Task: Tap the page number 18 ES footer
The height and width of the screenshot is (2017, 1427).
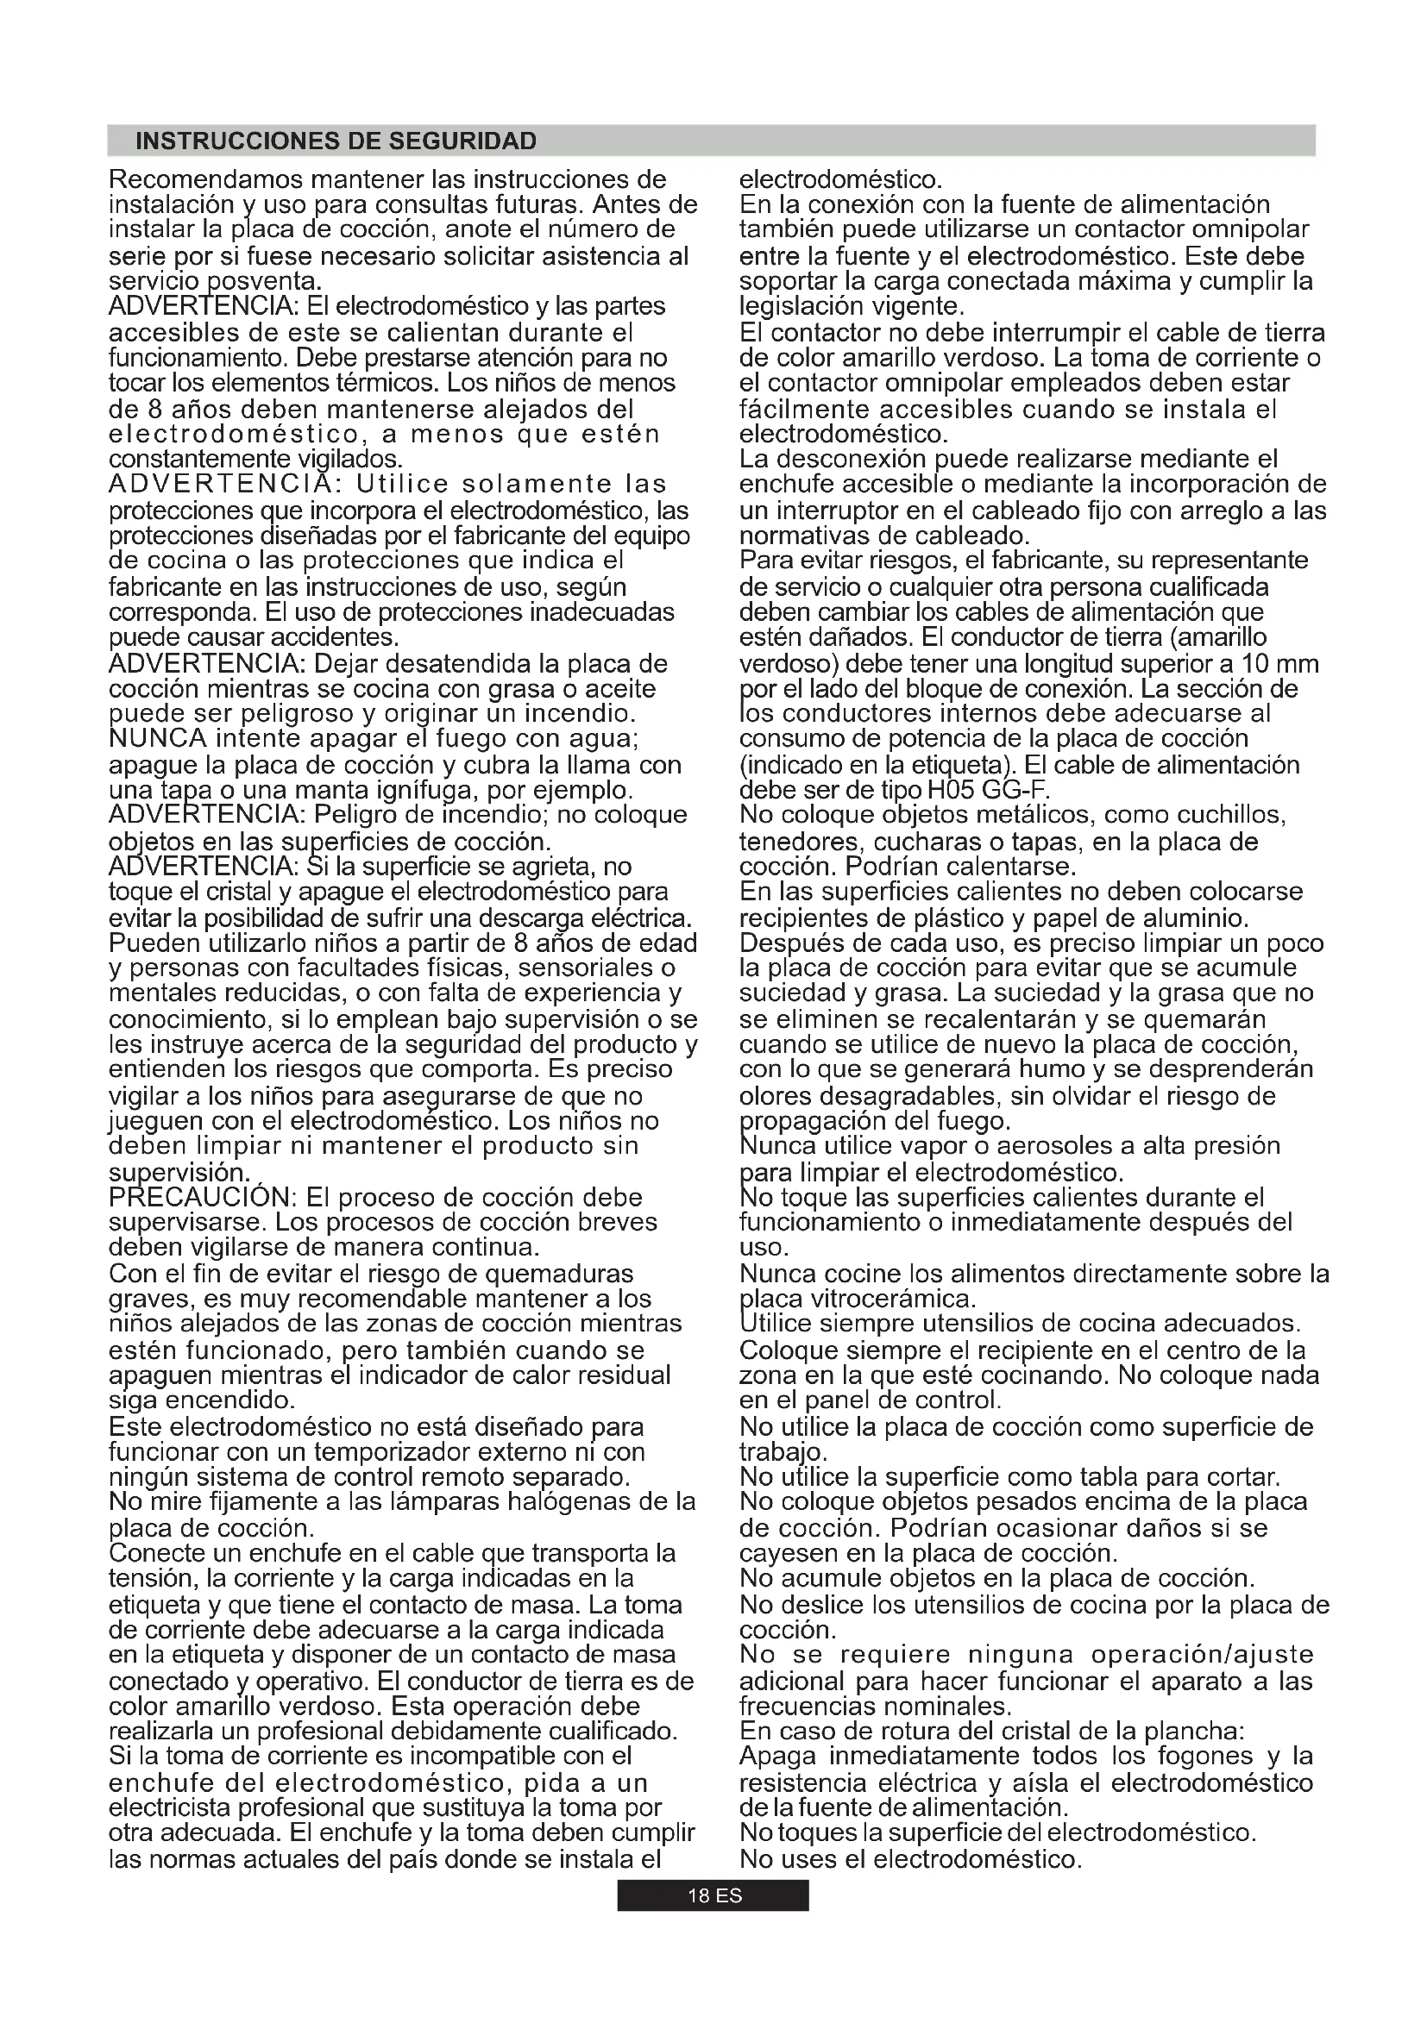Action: click(713, 1895)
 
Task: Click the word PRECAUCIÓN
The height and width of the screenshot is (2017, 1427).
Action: click(201, 1199)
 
